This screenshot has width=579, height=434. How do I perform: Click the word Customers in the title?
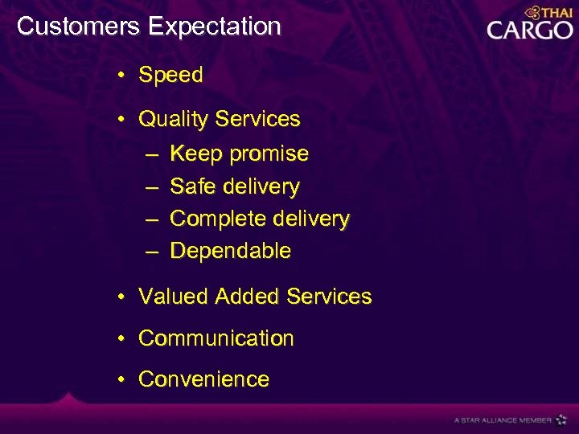click(78, 27)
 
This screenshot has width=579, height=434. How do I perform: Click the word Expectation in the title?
click(214, 27)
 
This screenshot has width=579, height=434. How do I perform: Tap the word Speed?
click(170, 76)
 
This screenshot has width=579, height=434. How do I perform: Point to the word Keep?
click(196, 154)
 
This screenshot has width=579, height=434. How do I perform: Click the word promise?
click(269, 154)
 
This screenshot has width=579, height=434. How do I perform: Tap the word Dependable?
click(231, 251)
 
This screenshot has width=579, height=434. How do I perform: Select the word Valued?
click(174, 297)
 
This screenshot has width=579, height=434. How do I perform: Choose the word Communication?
click(216, 338)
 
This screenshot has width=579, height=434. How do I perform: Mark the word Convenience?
click(203, 379)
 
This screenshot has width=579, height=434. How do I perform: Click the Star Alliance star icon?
click(561, 420)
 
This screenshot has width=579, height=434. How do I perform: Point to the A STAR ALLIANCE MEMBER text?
click(503, 420)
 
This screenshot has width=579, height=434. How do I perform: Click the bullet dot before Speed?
click(119, 76)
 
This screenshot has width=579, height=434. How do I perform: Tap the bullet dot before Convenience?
click(119, 379)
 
